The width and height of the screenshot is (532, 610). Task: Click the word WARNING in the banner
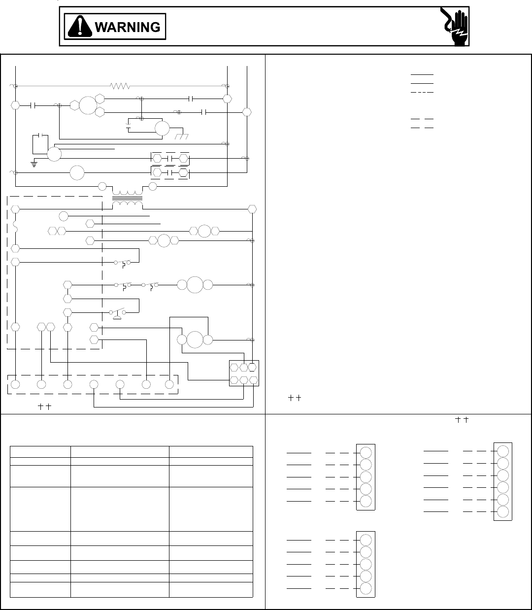127,27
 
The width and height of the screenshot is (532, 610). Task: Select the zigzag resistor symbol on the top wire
120,86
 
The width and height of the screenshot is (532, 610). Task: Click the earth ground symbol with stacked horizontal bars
34,164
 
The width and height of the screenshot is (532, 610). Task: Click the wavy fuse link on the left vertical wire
15,228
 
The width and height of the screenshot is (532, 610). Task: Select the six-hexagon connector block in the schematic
244,373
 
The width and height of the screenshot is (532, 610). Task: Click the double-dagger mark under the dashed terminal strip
45,407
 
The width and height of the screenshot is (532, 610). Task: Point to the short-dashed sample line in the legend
422,92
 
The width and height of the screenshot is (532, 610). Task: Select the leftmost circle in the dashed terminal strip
15,384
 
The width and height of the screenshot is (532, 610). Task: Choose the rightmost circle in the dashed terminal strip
169,384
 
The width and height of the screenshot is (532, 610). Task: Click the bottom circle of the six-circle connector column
502,511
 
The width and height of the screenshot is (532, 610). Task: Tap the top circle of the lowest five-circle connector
366,540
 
